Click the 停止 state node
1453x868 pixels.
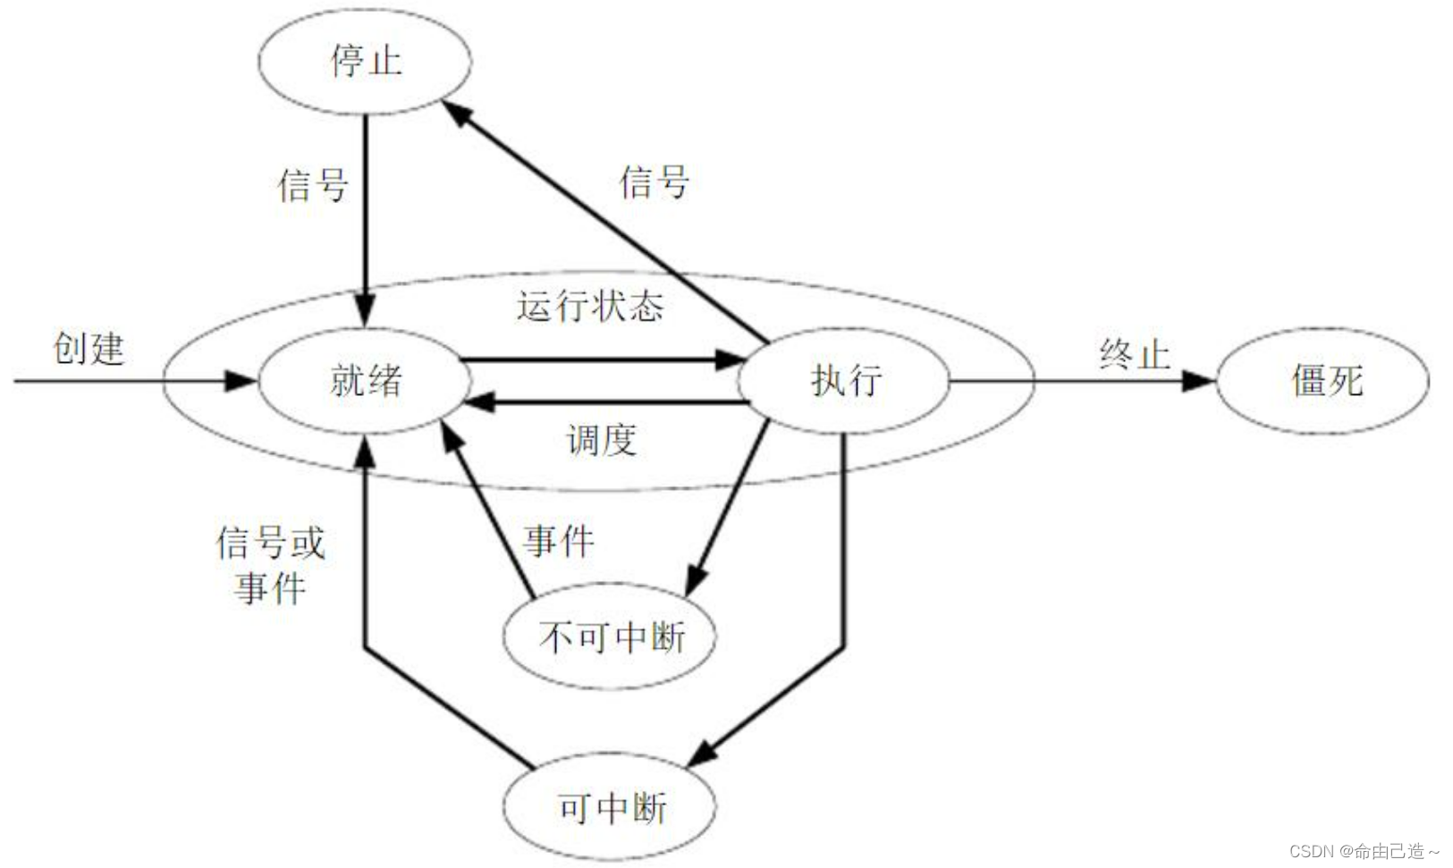365,61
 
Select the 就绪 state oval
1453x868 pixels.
365,381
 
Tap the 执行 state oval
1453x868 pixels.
844,381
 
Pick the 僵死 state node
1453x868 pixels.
1323,381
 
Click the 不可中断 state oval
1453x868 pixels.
610,636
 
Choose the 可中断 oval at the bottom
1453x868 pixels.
610,808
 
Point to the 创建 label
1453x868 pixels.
88,348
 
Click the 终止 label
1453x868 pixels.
1134,354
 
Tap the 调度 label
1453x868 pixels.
601,440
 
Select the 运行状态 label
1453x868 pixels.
590,306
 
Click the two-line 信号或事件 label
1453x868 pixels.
270,565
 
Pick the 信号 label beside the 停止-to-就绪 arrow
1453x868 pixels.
312,185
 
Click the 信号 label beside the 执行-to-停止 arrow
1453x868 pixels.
654,181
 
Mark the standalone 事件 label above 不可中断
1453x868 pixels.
558,541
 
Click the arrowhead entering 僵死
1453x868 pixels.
1198,381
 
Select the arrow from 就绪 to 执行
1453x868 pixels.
599,359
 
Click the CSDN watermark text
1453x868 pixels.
1363,850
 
